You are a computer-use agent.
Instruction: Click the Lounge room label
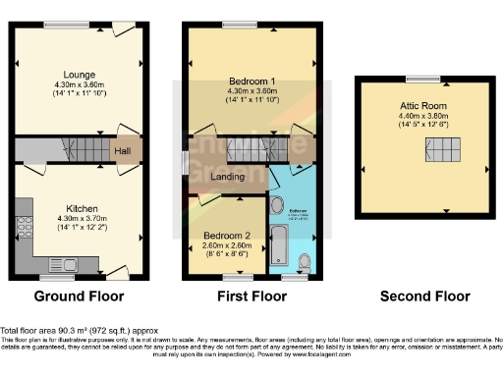point(78,74)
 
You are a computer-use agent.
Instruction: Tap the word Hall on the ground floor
point(122,151)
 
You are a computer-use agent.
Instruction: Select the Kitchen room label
point(78,208)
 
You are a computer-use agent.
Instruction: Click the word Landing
point(228,176)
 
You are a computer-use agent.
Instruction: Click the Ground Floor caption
point(78,296)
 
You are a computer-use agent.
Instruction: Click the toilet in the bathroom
point(305,260)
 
